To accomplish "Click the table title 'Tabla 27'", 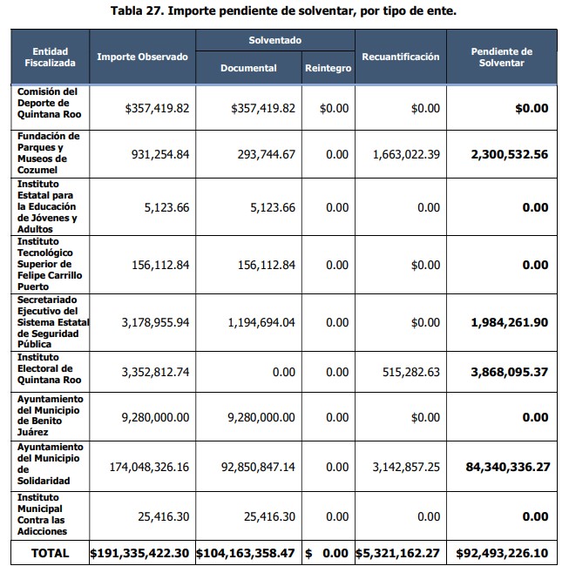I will point(284,11).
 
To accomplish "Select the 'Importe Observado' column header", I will point(142,57).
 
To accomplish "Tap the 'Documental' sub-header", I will point(248,68).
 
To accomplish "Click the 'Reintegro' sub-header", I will point(328,68).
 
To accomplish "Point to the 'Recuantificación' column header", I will point(400,57).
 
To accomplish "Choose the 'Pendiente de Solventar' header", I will point(501,57).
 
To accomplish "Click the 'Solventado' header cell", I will point(274,41).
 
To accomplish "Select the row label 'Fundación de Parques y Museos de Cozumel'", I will point(49,153).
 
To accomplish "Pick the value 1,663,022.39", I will point(406,154).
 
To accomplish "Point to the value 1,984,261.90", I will point(509,322).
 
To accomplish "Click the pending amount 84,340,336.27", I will point(507,467).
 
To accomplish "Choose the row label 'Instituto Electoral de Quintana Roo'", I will point(49,368).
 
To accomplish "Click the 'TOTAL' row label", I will point(50,553).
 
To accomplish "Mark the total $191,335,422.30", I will point(139,553).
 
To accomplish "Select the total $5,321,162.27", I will point(399,553).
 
